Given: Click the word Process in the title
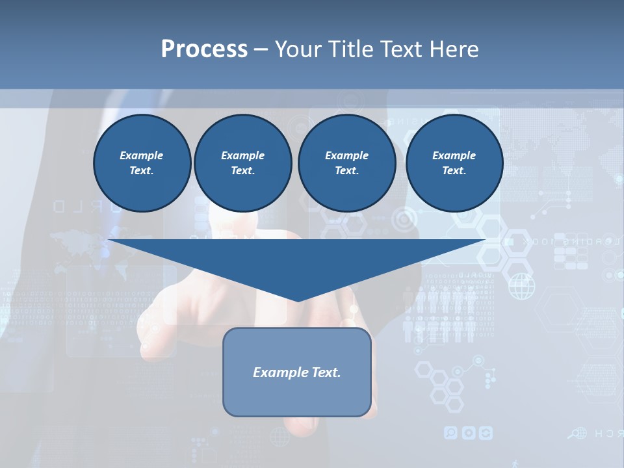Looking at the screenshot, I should (204, 49).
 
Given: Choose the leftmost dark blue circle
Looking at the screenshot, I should (142, 163).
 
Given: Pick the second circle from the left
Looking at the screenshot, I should (242, 163).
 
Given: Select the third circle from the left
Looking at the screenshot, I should (346, 163).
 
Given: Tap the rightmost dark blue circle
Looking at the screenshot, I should (454, 163).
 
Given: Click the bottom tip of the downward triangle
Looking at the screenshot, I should (298, 300).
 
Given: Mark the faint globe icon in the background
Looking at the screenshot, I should (521, 287).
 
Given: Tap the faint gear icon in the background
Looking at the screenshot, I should (468, 432).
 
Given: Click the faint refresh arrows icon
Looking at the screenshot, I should (485, 432).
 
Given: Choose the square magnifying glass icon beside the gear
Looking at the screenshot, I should (450, 432).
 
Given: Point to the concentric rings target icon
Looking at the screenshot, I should (404, 220).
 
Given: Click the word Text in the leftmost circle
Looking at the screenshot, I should (141, 171).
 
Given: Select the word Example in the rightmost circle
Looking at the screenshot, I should (454, 155).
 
